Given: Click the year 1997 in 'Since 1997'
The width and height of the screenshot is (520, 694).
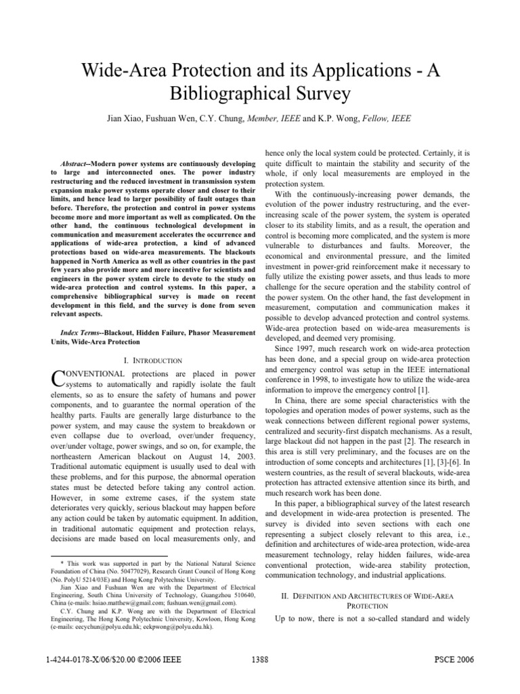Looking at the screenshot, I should point(306,348).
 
